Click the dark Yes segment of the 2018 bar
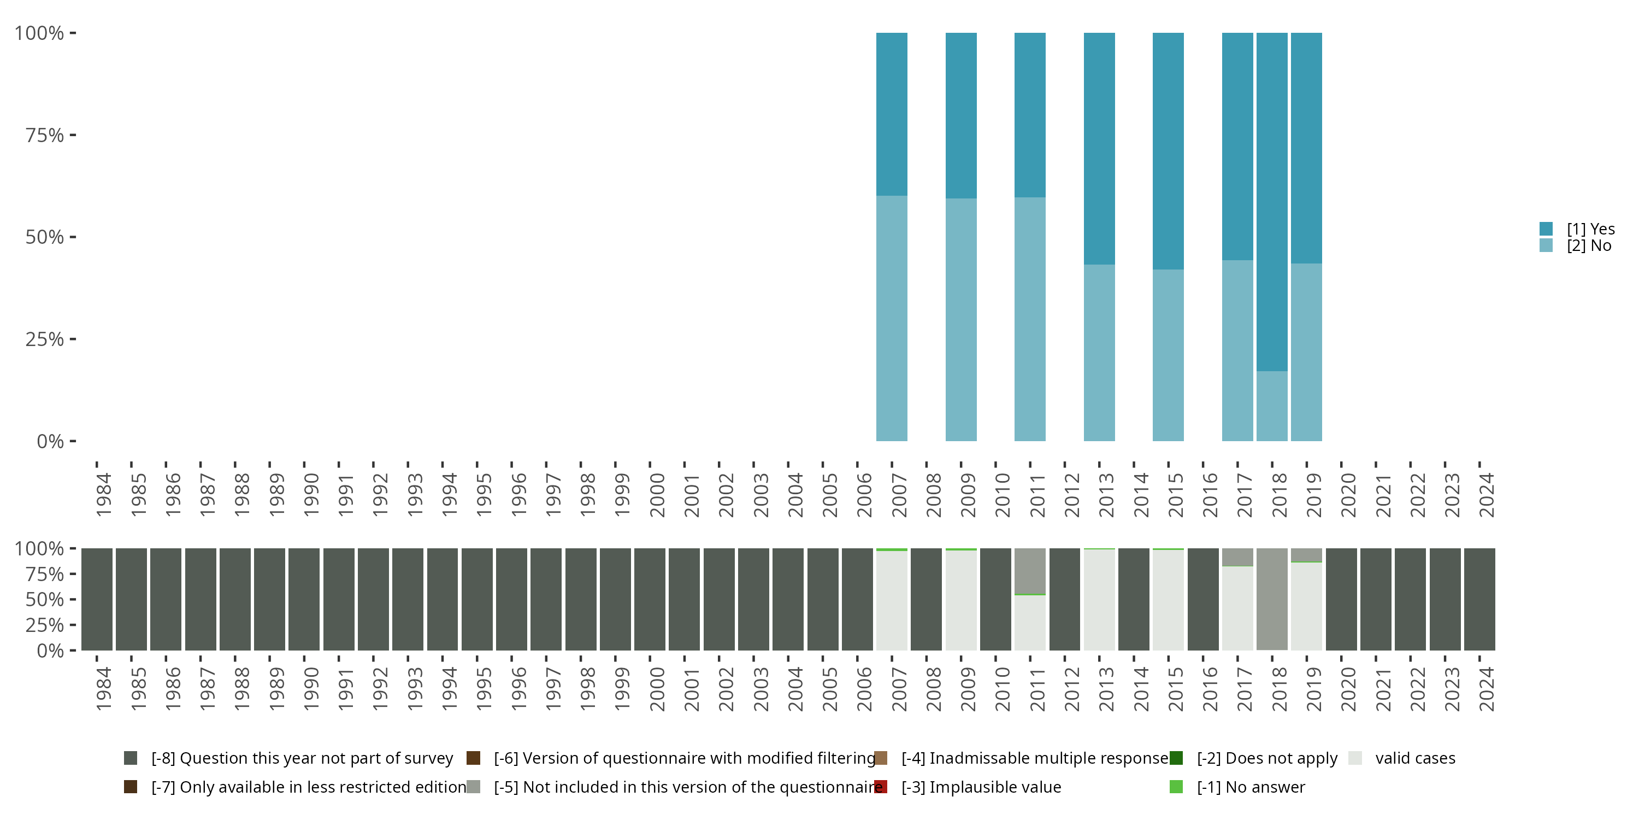pyautogui.click(x=1272, y=201)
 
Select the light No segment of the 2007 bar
pyautogui.click(x=892, y=318)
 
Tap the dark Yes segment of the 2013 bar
pyautogui.click(x=1099, y=148)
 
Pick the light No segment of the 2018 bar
pyautogui.click(x=1272, y=406)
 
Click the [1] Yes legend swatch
pyautogui.click(x=1546, y=229)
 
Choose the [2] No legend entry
pyautogui.click(x=1589, y=246)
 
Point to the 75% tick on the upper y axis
pyautogui.click(x=73, y=135)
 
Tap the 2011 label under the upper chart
pyautogui.click(x=1037, y=495)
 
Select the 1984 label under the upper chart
pyautogui.click(x=104, y=495)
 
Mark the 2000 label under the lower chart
pyautogui.click(x=657, y=689)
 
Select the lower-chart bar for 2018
pyautogui.click(x=1272, y=599)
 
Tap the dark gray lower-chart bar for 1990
pyautogui.click(x=304, y=599)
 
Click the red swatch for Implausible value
pyautogui.click(x=881, y=787)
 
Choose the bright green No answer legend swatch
pyautogui.click(x=1176, y=787)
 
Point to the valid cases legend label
pyautogui.click(x=1415, y=758)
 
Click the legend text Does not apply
pyautogui.click(x=1267, y=758)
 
